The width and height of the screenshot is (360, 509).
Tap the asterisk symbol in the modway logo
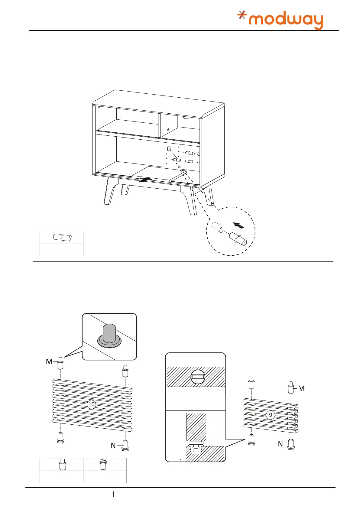pyautogui.click(x=242, y=15)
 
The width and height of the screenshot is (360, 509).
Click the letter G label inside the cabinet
pyautogui.click(x=169, y=149)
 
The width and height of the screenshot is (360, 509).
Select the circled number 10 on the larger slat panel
pyautogui.click(x=91, y=404)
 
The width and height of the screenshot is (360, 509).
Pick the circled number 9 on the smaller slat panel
pyautogui.click(x=271, y=415)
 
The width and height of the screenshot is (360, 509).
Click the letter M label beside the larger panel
pyautogui.click(x=49, y=361)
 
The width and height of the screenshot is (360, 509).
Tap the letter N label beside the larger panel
pyautogui.click(x=113, y=446)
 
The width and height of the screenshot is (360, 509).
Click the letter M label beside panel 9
pyautogui.click(x=301, y=388)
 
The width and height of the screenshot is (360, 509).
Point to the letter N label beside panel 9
pyautogui.click(x=280, y=444)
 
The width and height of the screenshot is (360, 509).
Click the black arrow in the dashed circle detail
pyautogui.click(x=239, y=225)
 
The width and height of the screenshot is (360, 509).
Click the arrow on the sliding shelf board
pyautogui.click(x=145, y=180)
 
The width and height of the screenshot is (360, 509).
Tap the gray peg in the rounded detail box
pyautogui.click(x=109, y=334)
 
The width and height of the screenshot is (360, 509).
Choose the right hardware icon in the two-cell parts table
pyautogui.click(x=103, y=464)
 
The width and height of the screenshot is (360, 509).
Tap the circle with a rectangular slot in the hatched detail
pyautogui.click(x=198, y=377)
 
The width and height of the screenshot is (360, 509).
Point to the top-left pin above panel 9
pyautogui.click(x=251, y=383)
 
